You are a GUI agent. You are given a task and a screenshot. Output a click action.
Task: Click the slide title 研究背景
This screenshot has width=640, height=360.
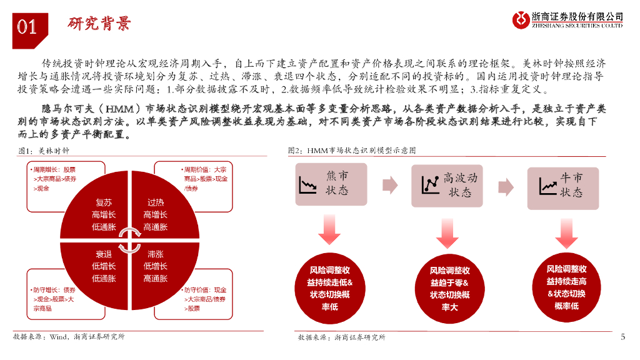[99, 24]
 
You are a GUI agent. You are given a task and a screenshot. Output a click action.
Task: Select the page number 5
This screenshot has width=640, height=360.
[622, 337]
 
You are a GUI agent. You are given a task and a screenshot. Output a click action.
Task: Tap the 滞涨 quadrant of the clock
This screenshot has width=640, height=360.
[156, 266]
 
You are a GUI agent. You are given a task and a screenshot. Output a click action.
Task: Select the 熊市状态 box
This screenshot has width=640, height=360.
[331, 184]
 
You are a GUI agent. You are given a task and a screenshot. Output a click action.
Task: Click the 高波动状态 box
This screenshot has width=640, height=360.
[447, 185]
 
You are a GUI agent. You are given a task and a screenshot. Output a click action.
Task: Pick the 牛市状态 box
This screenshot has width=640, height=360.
[562, 185]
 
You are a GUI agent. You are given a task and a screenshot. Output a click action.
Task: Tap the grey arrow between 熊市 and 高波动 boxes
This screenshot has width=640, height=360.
[389, 185]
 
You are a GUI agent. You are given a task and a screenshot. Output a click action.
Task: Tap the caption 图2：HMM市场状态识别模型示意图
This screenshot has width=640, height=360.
[351, 151]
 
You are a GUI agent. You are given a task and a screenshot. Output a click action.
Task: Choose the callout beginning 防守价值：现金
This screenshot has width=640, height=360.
[206, 299]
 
